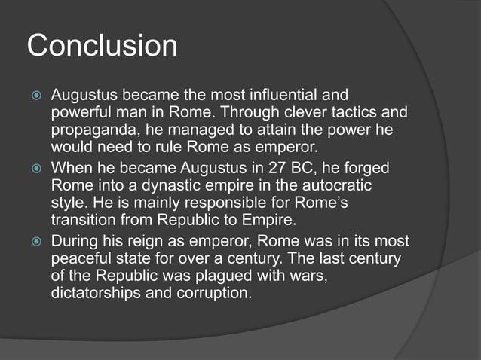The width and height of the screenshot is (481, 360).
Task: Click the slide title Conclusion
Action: (103, 46)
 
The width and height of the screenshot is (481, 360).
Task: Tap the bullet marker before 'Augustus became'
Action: (34, 97)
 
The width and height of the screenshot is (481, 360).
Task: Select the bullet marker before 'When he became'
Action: (34, 169)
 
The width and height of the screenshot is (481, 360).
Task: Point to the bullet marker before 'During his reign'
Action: (34, 242)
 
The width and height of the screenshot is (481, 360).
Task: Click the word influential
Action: (268, 96)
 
